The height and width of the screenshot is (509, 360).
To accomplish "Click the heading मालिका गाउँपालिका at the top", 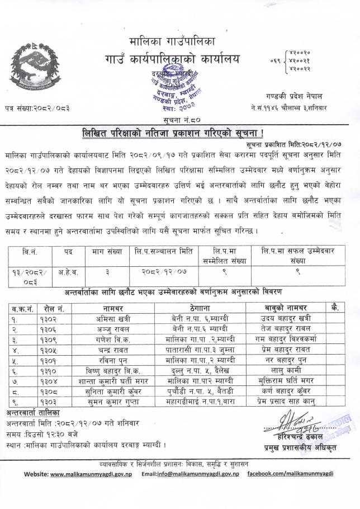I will pyautogui.click(x=174, y=41).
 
